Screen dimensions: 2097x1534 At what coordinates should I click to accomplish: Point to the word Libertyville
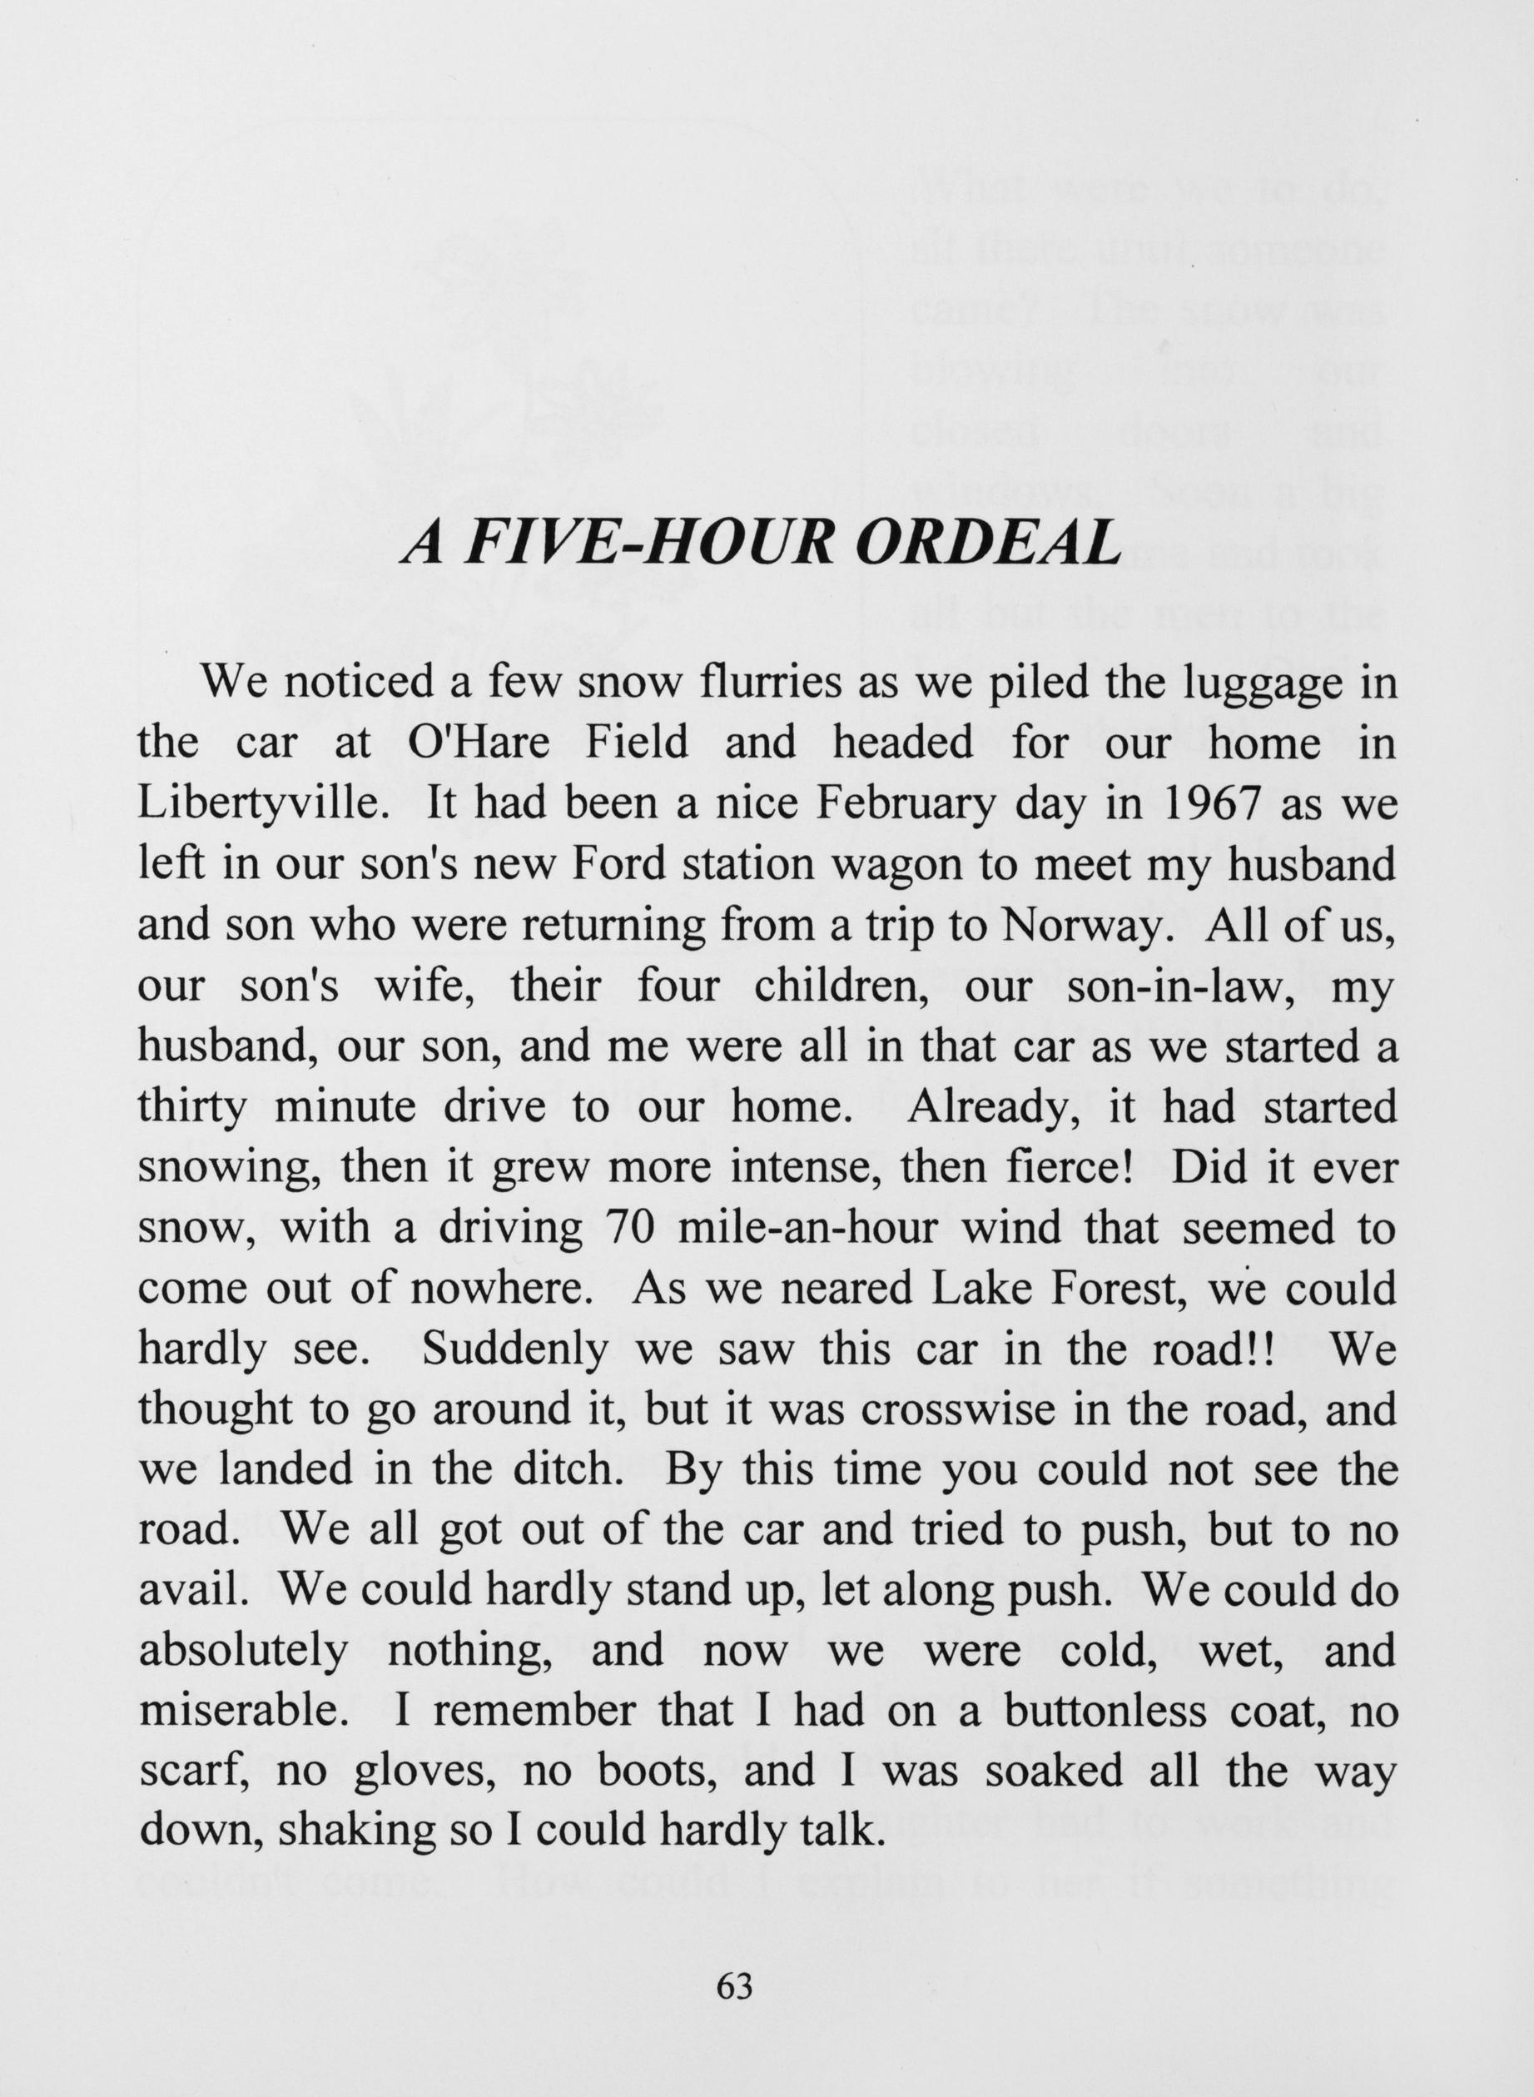click(x=264, y=804)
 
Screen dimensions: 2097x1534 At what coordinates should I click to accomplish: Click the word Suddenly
click(x=514, y=1349)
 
